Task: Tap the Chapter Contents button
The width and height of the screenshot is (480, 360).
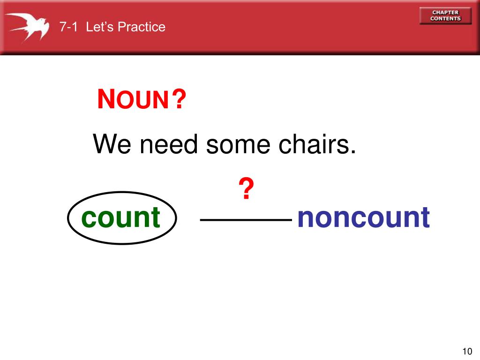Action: pos(445,15)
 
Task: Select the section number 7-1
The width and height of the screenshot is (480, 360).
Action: pos(68,27)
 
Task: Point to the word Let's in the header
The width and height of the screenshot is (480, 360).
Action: pos(100,27)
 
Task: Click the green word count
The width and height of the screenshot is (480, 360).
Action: pos(120,217)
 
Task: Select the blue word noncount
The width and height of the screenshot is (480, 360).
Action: pos(363,217)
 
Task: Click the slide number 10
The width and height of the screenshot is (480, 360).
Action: pos(466,352)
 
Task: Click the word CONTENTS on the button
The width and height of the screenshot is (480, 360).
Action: pos(445,19)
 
